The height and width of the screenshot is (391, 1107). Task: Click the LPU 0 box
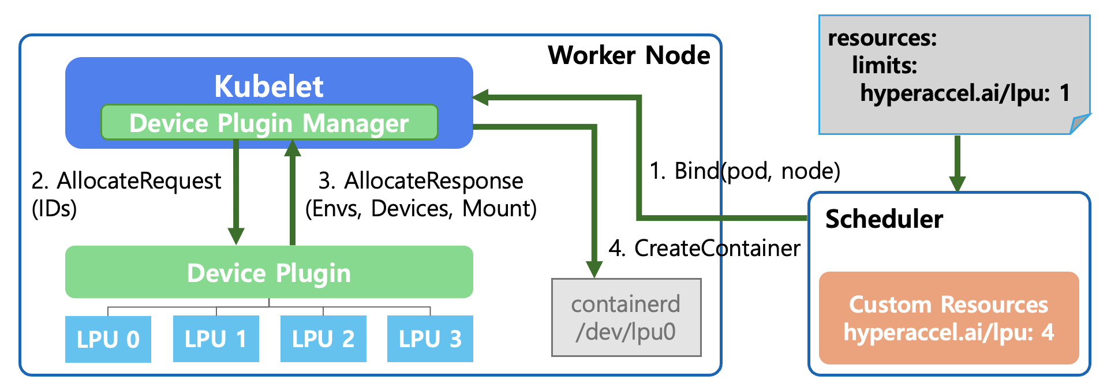[x=108, y=339]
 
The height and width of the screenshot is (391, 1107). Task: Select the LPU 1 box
[x=215, y=339]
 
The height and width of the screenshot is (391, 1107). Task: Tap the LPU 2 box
[x=323, y=339]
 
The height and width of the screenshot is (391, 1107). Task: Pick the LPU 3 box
[x=430, y=339]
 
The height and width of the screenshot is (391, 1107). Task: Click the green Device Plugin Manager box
[x=269, y=123]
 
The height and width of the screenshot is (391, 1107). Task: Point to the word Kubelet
[x=269, y=87]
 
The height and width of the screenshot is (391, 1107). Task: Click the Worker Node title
[x=629, y=55]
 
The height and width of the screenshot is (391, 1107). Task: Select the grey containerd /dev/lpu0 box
[x=626, y=318]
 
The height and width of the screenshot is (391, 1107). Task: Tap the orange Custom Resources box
[x=948, y=318]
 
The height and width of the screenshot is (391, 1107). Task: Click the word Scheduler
[x=884, y=219]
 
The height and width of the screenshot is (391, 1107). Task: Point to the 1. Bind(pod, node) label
[x=745, y=171]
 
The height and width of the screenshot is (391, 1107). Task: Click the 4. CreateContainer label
[x=704, y=248]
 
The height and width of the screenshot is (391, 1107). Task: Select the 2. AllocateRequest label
[x=126, y=181]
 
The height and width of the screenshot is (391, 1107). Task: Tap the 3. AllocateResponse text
[x=421, y=181]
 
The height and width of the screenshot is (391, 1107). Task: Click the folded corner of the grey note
[x=1079, y=124]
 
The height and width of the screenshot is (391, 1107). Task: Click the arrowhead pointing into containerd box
[x=594, y=269]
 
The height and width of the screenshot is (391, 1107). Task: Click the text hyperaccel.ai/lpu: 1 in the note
[x=964, y=93]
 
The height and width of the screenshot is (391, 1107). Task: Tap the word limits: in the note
[x=884, y=66]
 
